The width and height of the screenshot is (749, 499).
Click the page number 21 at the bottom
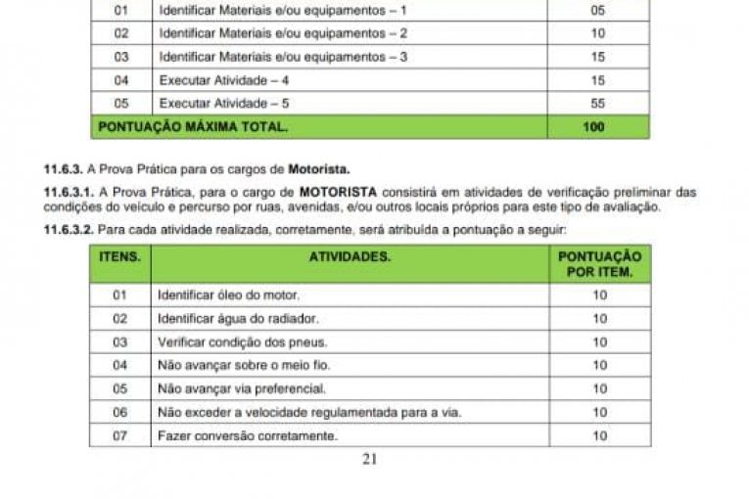[369, 458]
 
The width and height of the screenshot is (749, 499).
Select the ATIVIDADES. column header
[349, 256]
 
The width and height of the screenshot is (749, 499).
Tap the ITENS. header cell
[120, 256]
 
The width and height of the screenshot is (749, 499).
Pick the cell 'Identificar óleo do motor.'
[229, 295]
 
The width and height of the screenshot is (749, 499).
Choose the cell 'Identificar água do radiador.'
[238, 318]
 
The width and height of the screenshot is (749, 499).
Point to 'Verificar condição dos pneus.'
[242, 341]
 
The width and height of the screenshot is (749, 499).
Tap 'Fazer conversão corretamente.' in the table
[247, 435]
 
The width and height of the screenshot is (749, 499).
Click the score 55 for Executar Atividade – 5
[598, 103]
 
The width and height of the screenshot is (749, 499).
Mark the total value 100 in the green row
[593, 126]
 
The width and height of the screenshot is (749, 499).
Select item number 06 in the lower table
[120, 412]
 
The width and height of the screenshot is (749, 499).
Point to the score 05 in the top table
[598, 11]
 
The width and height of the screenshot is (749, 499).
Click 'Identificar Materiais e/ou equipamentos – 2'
[283, 33]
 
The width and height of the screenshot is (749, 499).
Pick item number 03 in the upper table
[121, 57]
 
